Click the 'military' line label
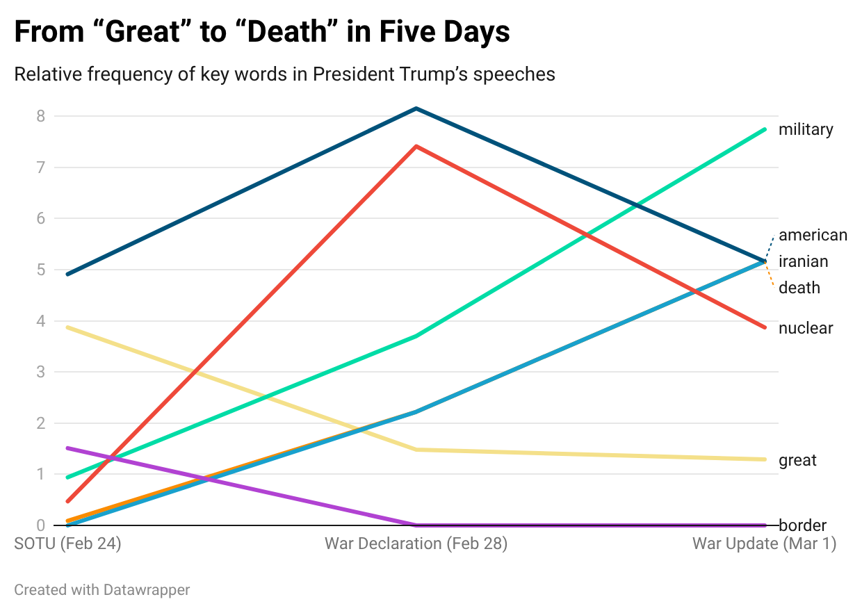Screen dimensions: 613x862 (805, 130)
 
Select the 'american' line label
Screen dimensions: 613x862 (813, 235)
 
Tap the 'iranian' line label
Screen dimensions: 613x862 (803, 261)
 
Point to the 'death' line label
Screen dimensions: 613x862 (799, 288)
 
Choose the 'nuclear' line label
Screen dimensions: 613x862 (805, 328)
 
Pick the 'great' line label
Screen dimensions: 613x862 (797, 460)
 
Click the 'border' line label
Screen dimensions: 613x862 (802, 525)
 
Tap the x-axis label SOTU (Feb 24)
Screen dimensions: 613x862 (67, 543)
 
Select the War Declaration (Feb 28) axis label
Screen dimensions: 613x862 (416, 543)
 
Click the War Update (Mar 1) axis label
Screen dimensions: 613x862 (764, 543)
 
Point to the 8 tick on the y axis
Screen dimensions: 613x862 (41, 116)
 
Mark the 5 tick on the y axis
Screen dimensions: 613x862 (41, 270)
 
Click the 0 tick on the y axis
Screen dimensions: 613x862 (41, 525)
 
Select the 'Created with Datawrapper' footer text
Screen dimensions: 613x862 (101, 590)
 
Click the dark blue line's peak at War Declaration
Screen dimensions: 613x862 (416, 108)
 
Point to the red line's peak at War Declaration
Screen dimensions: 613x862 (416, 147)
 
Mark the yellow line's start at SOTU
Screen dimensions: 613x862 (67, 327)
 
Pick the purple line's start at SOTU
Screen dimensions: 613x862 (67, 448)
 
